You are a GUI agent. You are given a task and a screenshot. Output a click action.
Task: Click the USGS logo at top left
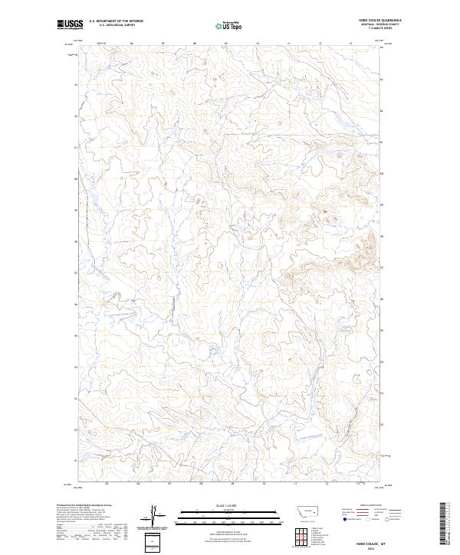tap(68, 24)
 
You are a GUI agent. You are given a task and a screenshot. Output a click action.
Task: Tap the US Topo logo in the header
tap(229, 25)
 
